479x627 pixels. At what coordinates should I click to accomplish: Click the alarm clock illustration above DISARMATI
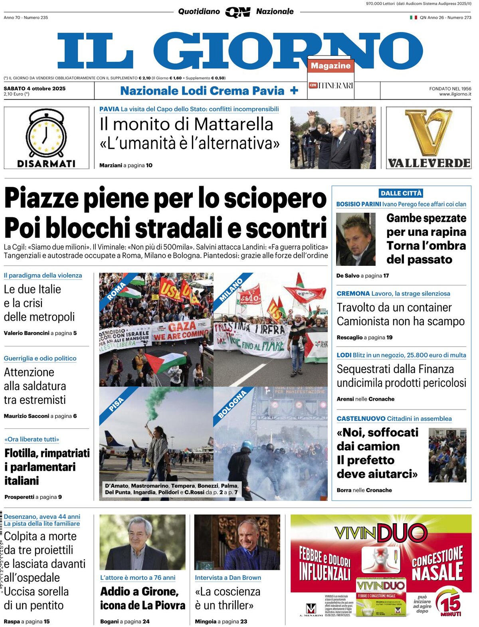click(46, 134)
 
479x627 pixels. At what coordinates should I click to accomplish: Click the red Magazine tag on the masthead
click(331, 66)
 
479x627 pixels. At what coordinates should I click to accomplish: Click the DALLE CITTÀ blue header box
click(401, 193)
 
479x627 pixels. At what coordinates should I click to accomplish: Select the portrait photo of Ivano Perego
click(356, 239)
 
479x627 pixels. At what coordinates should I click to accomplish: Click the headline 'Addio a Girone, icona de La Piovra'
click(143, 598)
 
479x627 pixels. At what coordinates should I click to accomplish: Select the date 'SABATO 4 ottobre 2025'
click(35, 89)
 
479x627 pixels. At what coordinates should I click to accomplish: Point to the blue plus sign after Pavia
click(294, 91)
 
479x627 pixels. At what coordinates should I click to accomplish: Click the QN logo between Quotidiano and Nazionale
click(238, 12)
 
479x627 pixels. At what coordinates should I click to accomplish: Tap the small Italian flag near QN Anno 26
click(414, 18)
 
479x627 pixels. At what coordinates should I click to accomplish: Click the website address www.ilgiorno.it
click(455, 94)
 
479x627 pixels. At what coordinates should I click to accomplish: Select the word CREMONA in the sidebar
click(353, 293)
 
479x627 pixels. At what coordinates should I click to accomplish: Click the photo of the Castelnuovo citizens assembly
click(447, 455)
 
